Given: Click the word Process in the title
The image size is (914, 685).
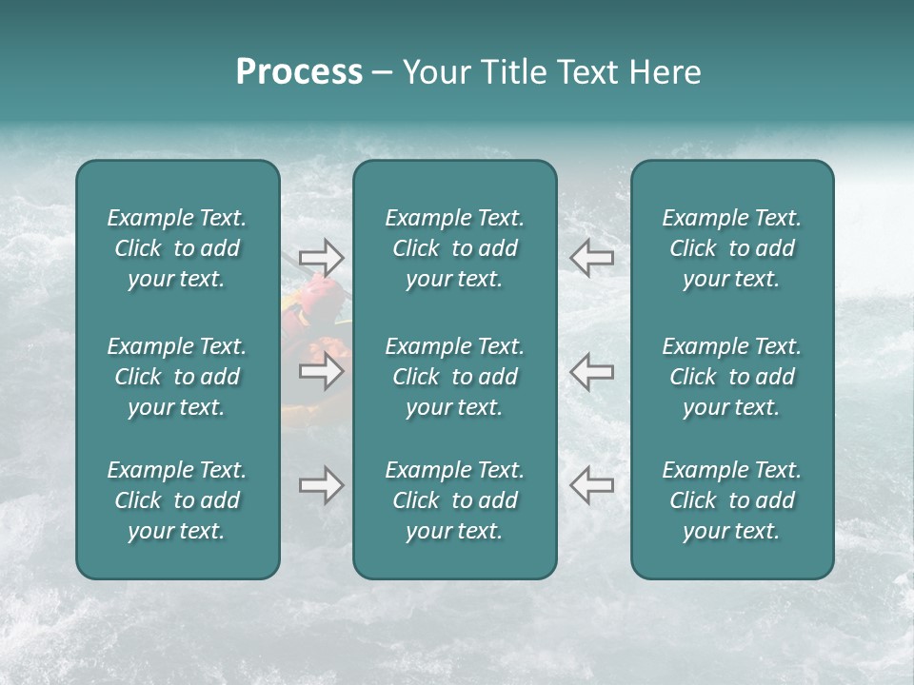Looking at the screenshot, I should tap(299, 72).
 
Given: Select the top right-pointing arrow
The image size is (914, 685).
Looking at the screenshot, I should tap(321, 258).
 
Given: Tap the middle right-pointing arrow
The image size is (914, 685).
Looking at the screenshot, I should tap(321, 371).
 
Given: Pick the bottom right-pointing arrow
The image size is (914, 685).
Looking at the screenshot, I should tap(321, 485).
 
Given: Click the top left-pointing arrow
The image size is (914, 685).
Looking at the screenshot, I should tap(591, 258).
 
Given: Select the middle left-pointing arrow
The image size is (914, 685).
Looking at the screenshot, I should tap(591, 371).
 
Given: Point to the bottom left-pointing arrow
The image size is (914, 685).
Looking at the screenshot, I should tap(591, 485).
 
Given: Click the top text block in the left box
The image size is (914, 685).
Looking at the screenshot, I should tap(177, 248).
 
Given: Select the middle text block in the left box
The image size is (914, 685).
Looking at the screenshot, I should tap(177, 377).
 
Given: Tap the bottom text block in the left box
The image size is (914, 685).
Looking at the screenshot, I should tap(177, 500).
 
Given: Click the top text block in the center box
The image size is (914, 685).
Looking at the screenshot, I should tap(454, 248).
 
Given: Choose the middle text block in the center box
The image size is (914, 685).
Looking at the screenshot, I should tap(454, 377).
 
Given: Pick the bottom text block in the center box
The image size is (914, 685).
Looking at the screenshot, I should tap(454, 500).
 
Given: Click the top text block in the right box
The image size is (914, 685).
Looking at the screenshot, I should tap(731, 248).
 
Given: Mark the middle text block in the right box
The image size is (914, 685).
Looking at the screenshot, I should tap(731, 377).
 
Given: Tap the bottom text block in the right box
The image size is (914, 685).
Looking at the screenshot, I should tap(731, 500).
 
